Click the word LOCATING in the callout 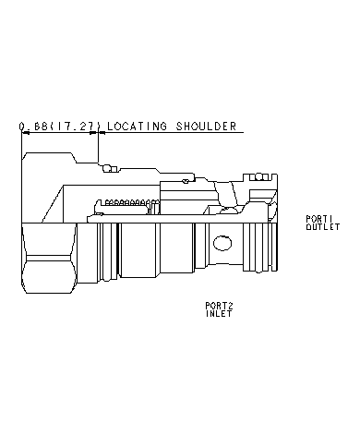point(138,127)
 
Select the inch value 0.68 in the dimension point(33,127)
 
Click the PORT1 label point(317,219)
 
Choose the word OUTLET point(317,225)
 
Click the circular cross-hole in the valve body point(222,245)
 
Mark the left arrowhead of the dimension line point(22,133)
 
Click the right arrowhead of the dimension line point(96,133)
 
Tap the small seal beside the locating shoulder point(109,167)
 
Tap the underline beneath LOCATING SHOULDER point(171,133)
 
